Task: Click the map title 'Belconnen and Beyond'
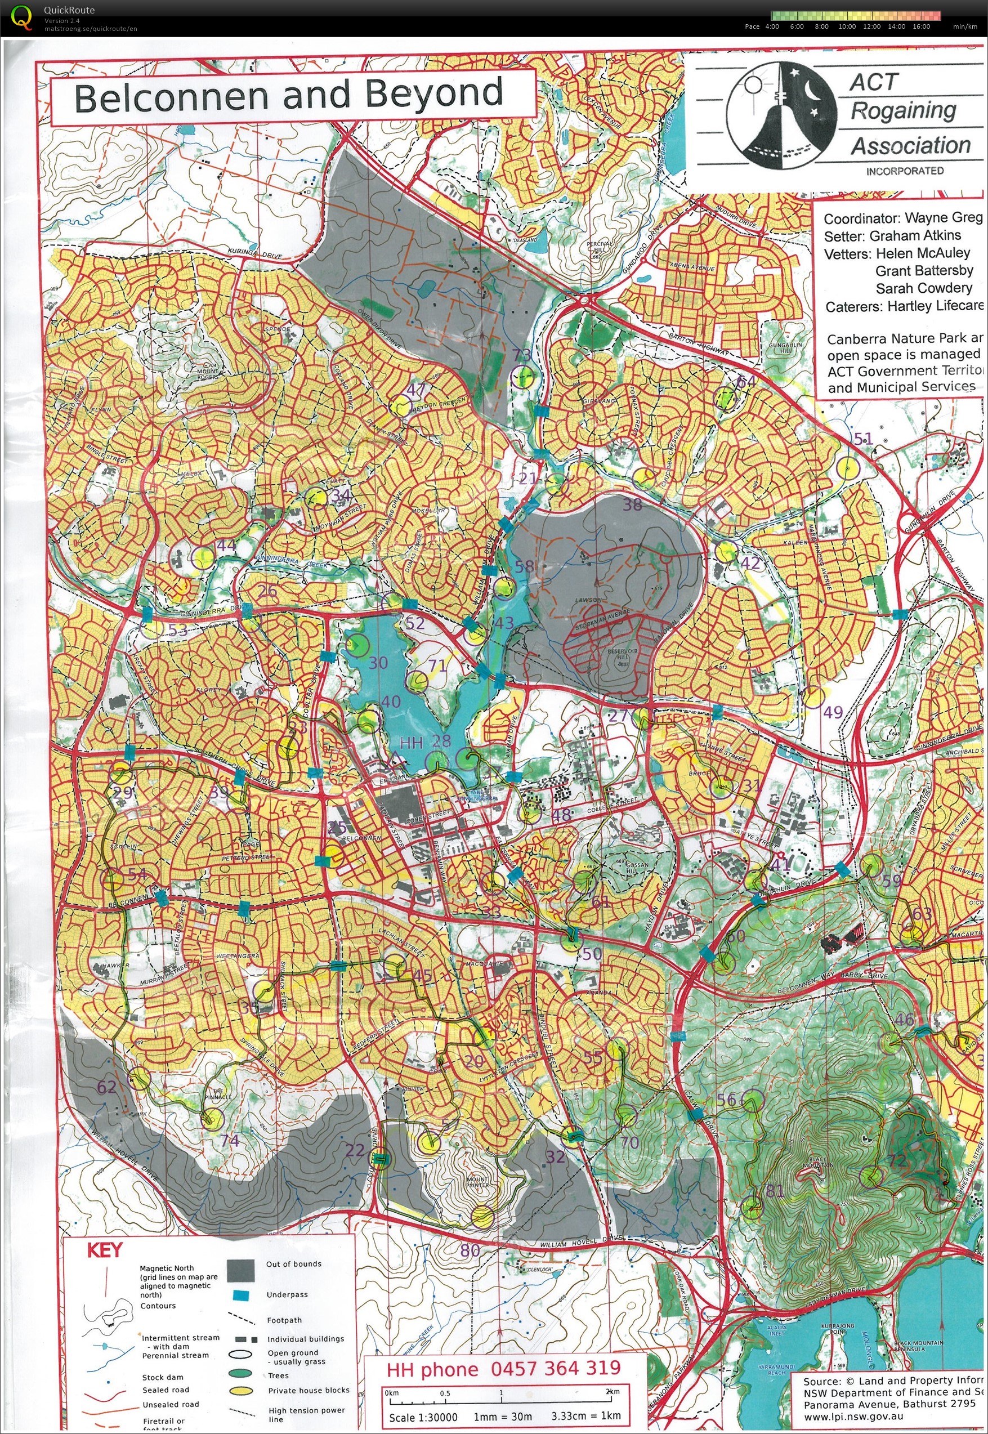coord(288,95)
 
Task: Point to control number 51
coord(863,439)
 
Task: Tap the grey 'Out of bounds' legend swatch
coord(242,1271)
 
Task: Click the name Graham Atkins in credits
coord(915,236)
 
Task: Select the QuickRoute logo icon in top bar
coord(21,17)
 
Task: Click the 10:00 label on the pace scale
coord(847,26)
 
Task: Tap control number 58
coord(524,565)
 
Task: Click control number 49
coord(833,712)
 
